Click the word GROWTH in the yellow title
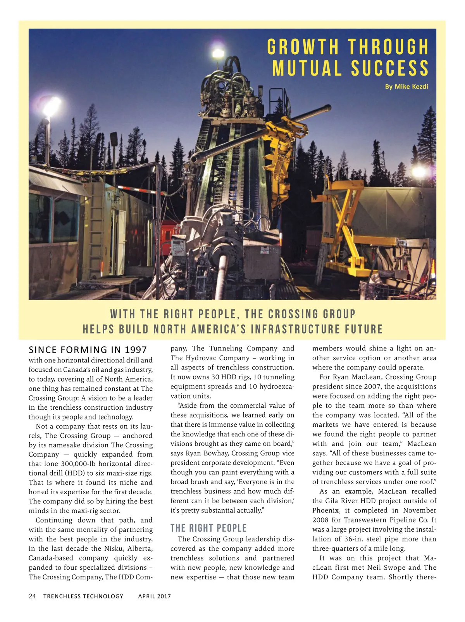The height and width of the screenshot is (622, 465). point(303,47)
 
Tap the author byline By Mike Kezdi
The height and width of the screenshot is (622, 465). point(406,86)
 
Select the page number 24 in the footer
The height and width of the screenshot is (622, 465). point(32,596)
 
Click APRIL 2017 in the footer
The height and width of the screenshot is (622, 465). point(154,596)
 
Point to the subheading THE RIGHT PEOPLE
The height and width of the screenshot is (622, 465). point(208,528)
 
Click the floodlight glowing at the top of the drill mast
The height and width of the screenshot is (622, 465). point(218,53)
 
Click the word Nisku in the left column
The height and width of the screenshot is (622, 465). point(114,548)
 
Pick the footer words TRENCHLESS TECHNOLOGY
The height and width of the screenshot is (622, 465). point(83,596)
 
